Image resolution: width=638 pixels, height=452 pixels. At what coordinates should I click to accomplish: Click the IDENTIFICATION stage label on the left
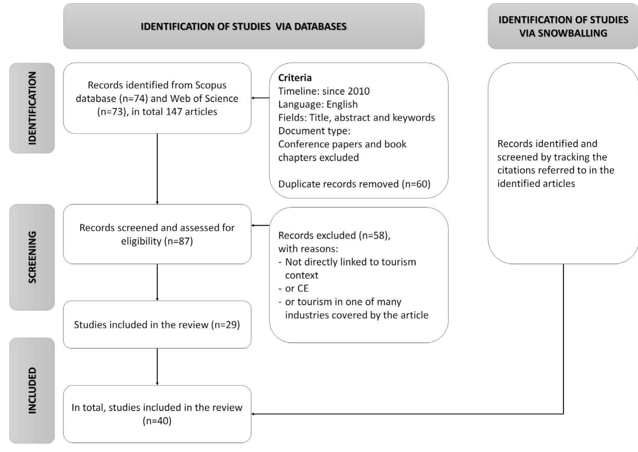click(x=32, y=108)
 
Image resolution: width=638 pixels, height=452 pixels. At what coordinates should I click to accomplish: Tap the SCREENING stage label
click(x=32, y=257)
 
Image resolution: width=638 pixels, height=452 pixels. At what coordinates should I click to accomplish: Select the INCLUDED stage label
click(x=32, y=390)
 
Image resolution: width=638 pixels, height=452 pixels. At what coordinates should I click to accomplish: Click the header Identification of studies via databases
click(x=244, y=27)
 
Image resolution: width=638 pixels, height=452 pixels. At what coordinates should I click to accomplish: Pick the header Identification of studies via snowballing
click(x=563, y=27)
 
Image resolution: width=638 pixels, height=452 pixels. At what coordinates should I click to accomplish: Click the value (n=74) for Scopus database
click(x=133, y=99)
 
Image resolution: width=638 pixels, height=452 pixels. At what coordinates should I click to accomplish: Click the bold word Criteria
click(x=295, y=78)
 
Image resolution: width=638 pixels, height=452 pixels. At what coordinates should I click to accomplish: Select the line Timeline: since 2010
click(x=324, y=91)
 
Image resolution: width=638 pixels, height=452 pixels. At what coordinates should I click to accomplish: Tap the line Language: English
click(x=318, y=104)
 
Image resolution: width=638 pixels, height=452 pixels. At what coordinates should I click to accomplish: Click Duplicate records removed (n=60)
click(x=354, y=184)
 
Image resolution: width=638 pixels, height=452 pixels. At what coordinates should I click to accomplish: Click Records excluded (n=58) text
click(x=334, y=235)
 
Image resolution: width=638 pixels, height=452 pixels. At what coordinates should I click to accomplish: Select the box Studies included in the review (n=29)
click(x=157, y=325)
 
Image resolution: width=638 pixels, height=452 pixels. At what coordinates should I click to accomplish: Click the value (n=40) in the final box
click(x=157, y=421)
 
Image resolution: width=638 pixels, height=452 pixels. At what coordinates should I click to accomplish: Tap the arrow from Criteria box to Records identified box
click(x=260, y=98)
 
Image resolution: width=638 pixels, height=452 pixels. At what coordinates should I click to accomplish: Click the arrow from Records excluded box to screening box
click(x=260, y=226)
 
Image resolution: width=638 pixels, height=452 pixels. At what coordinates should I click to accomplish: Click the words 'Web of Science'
click(x=204, y=99)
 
